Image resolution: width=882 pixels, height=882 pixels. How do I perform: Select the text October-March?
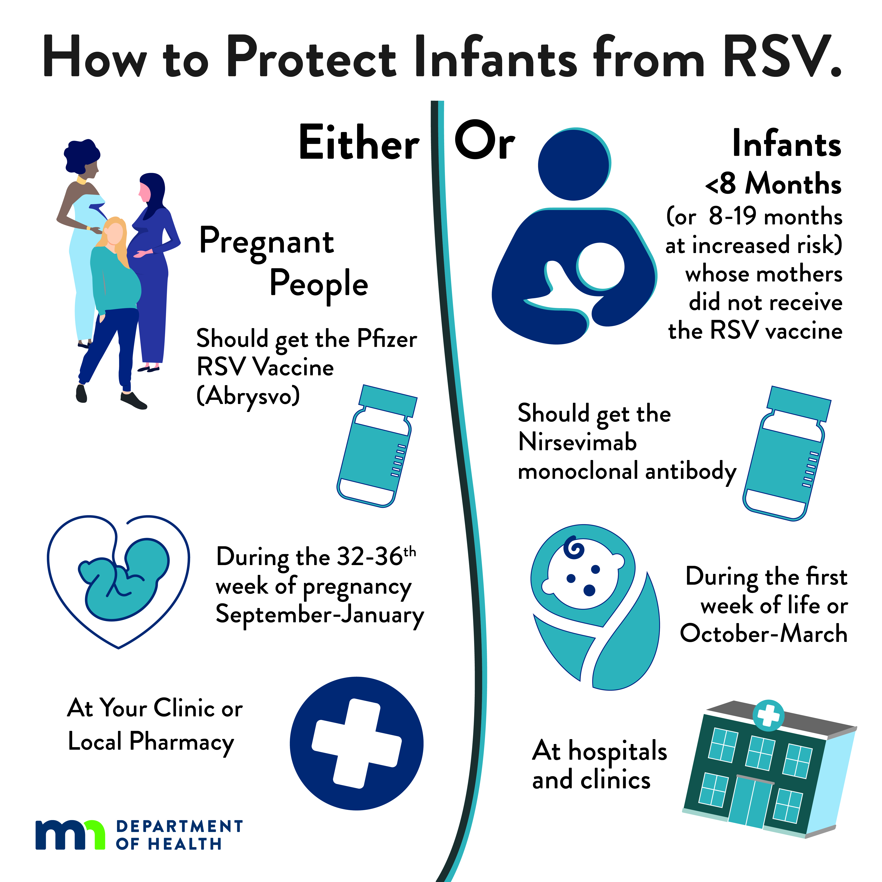click(x=763, y=634)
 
